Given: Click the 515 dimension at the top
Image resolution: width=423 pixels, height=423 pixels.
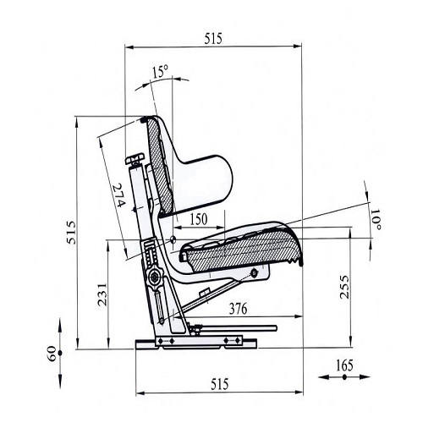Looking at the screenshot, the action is (x=213, y=39).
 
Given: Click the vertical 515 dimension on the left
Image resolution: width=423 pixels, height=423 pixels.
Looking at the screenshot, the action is (x=71, y=233).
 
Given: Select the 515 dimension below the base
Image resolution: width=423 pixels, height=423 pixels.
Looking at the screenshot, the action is (x=220, y=384).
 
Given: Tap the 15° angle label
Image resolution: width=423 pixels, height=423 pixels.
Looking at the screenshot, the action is (x=160, y=71).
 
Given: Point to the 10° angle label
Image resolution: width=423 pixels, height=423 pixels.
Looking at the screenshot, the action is (x=376, y=219).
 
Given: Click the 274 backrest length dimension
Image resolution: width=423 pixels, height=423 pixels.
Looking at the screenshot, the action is (x=118, y=195).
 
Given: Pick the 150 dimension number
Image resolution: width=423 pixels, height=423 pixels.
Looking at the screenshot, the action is (x=199, y=219).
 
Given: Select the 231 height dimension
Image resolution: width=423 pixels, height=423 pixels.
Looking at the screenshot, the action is (x=102, y=294).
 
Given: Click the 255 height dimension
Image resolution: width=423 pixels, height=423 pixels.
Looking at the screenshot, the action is (x=344, y=287).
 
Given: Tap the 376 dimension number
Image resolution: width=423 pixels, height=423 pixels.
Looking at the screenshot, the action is (x=238, y=309).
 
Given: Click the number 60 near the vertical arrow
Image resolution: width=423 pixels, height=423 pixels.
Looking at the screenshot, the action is (x=52, y=354).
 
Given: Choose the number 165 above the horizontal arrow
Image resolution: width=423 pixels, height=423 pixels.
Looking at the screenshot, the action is (x=344, y=365).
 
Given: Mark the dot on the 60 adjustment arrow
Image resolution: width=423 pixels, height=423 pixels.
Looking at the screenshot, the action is (x=60, y=353).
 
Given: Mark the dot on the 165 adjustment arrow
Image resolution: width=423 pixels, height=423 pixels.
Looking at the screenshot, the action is (x=344, y=376).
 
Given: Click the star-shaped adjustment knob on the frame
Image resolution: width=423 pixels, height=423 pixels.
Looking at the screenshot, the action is (x=155, y=277).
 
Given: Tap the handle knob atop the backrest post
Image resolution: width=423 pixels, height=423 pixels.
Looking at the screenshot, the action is (x=135, y=159).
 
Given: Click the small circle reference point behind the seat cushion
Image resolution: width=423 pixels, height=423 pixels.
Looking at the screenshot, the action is (x=173, y=239).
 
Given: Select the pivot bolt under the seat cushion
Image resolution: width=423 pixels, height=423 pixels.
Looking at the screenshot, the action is (x=255, y=272).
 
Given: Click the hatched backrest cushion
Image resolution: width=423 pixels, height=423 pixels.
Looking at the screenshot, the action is (x=160, y=167).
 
